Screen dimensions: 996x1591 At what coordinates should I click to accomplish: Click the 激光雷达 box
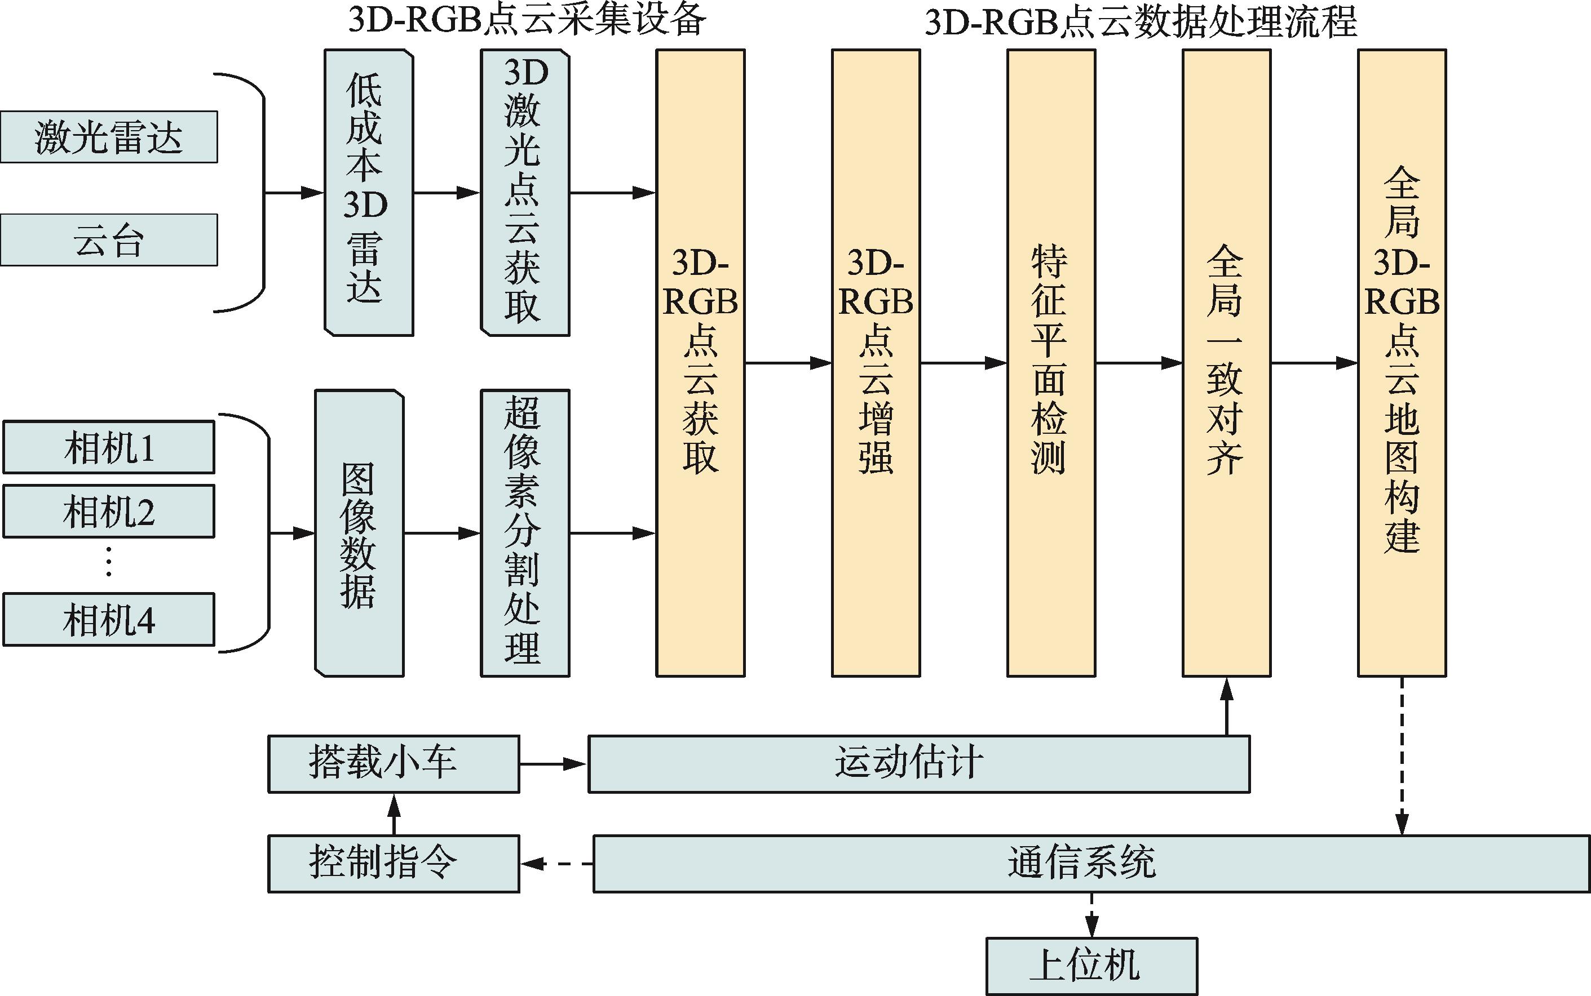pyautogui.click(x=109, y=137)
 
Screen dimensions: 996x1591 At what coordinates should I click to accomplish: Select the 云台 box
pyautogui.click(x=109, y=240)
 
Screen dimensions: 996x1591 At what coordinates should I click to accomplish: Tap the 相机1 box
pyautogui.click(x=109, y=447)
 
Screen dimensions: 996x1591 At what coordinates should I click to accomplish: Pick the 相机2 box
pyautogui.click(x=109, y=511)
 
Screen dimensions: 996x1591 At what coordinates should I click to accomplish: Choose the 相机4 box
pyautogui.click(x=109, y=619)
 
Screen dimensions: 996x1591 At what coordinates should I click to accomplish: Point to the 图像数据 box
pyautogui.click(x=359, y=533)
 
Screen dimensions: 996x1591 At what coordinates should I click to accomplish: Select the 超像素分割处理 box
pyautogui.click(x=525, y=533)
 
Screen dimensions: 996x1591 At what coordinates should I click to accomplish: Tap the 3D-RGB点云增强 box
pyautogui.click(x=876, y=363)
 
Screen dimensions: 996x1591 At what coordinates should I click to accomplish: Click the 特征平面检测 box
pyautogui.click(x=1051, y=363)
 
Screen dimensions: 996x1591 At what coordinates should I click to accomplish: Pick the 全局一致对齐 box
pyautogui.click(x=1227, y=363)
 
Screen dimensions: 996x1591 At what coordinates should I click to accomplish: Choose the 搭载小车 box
pyautogui.click(x=394, y=764)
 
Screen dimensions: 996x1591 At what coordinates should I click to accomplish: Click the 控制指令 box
pyautogui.click(x=394, y=864)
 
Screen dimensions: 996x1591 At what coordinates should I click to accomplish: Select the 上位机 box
pyautogui.click(x=1091, y=966)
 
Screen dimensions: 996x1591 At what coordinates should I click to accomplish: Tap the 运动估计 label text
pyautogui.click(x=909, y=763)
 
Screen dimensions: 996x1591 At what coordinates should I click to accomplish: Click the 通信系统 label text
pyautogui.click(x=1081, y=862)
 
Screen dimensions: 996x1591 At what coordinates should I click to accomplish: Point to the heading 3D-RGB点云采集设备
pyautogui.click(x=527, y=21)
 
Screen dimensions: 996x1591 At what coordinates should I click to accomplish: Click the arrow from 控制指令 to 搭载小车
pyautogui.click(x=394, y=814)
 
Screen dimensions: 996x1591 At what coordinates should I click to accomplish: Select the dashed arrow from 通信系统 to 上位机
pyautogui.click(x=1091, y=915)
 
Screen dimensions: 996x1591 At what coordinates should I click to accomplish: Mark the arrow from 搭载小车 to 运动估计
pyautogui.click(x=553, y=764)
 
